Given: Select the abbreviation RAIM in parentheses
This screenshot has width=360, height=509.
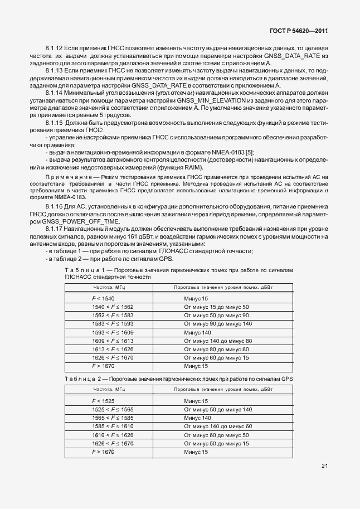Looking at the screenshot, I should (190, 168).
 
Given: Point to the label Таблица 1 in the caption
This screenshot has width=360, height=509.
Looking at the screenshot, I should (81, 270).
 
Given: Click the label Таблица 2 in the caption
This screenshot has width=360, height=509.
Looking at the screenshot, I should (81, 379).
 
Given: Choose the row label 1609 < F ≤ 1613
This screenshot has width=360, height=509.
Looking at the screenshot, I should (113, 341).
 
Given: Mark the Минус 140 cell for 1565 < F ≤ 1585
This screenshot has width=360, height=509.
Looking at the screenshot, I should (197, 418).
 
